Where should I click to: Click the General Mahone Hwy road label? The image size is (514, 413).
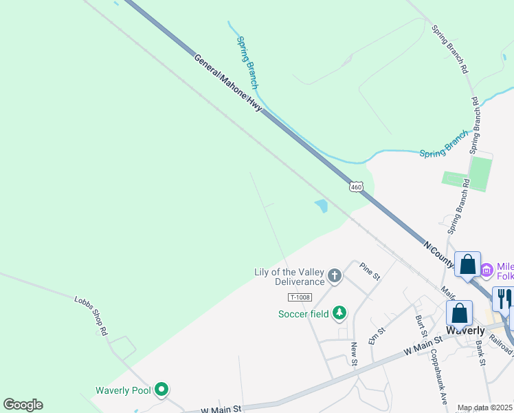[228, 86]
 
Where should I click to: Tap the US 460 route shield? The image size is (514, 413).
[355, 187]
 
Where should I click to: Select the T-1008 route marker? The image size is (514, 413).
[300, 297]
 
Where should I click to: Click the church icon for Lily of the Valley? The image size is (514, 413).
[335, 277]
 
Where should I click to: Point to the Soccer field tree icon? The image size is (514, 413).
[339, 314]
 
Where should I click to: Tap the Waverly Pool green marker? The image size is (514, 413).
[161, 390]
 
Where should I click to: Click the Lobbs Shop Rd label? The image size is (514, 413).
[91, 316]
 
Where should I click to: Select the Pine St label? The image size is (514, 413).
[370, 271]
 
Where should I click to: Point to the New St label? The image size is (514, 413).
[353, 354]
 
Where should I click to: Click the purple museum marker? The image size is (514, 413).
[487, 269]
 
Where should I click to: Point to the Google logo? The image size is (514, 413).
[23, 405]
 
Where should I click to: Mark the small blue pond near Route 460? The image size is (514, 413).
[321, 205]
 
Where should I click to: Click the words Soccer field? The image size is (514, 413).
[303, 315]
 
